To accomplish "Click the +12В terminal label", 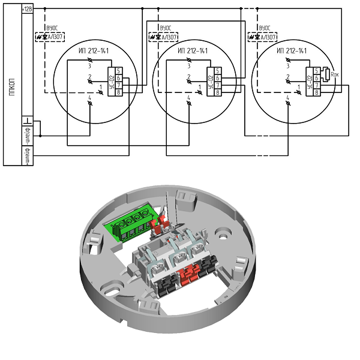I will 28,9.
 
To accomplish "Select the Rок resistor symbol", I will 327,75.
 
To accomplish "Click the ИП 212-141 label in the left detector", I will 94,50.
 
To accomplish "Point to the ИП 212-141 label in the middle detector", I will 193,50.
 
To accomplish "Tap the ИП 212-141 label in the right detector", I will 293,50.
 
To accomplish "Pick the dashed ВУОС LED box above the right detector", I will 262,37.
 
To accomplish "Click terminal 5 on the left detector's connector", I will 119,71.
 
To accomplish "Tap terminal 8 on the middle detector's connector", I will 218,92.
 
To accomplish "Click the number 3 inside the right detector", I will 289,66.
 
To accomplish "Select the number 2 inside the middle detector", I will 189,77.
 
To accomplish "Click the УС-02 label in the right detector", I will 310,82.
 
